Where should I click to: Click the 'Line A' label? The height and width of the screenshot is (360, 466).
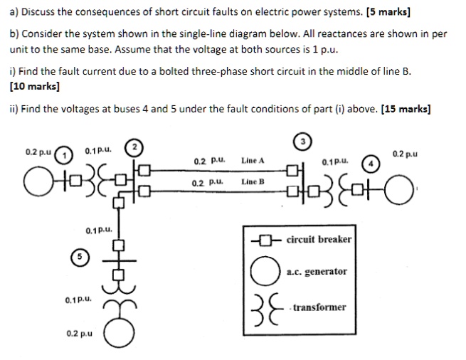point(253,161)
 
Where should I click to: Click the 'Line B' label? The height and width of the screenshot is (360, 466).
point(253,182)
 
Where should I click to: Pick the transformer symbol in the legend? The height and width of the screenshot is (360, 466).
point(262,307)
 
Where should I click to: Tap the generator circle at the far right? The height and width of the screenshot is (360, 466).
point(416,189)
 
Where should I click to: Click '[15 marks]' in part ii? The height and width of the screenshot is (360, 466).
point(406,109)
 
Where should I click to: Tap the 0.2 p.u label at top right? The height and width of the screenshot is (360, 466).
point(405,153)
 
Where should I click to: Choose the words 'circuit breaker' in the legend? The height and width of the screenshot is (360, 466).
point(319,239)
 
